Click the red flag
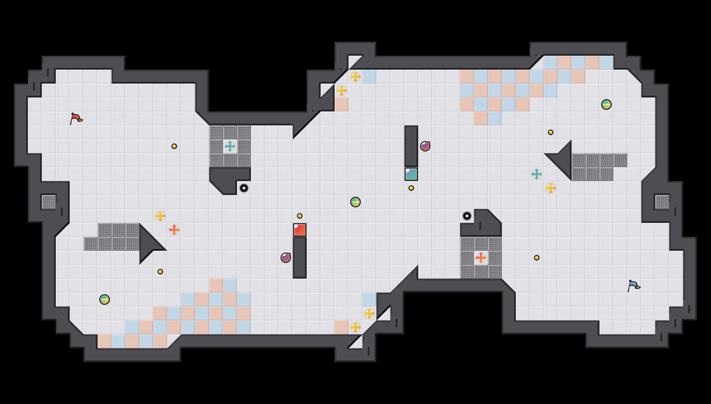click(76, 118)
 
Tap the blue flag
click(634, 286)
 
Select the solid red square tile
click(300, 230)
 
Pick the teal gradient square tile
click(411, 174)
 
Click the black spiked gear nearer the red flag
click(244, 188)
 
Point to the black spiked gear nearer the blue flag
click(467, 216)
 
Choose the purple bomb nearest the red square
click(286, 258)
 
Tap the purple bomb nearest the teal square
click(425, 146)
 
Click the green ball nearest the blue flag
click(606, 104)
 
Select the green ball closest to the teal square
click(355, 202)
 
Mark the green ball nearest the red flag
click(105, 300)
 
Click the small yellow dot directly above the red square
click(300, 216)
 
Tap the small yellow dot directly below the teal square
click(411, 188)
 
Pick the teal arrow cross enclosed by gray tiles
click(230, 146)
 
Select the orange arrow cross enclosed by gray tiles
click(481, 258)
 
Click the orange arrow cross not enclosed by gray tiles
click(174, 230)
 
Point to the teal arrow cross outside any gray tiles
click(537, 174)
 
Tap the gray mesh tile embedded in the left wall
click(49, 202)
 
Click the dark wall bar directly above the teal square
click(411, 146)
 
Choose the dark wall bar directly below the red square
click(300, 258)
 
